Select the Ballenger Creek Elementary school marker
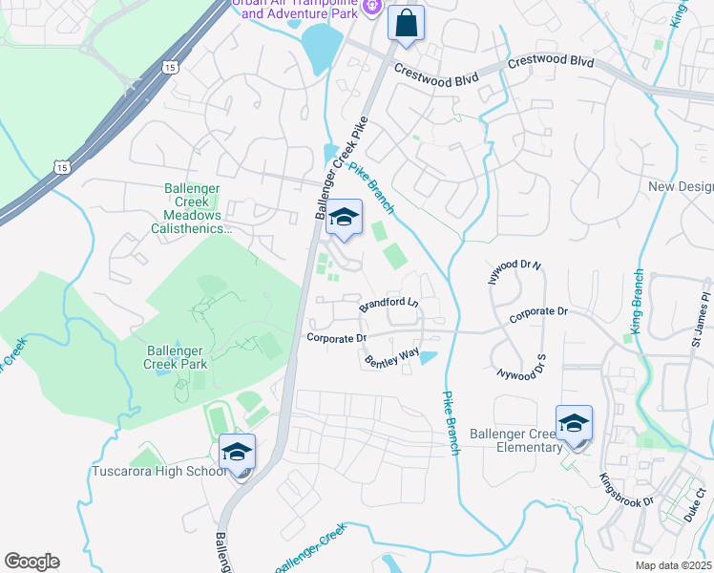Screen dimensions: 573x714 coord(574,424)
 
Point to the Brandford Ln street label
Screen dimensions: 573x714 coord(388,305)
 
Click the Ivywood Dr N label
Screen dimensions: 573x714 coord(516,264)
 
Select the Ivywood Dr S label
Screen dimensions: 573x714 coord(517,363)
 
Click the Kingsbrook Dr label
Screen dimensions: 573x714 coord(626,490)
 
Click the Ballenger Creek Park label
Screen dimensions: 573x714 coord(176,356)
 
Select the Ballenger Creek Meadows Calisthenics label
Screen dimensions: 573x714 coord(187,209)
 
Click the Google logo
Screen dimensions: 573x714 coord(31,562)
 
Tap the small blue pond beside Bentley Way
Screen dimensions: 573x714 coord(429,357)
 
